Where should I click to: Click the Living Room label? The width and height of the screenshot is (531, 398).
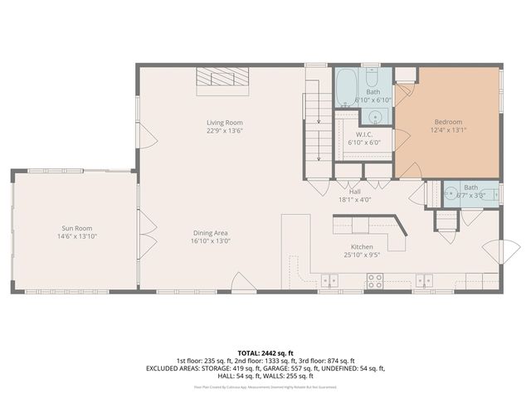click(x=224, y=123)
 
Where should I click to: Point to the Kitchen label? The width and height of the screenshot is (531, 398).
click(x=361, y=247)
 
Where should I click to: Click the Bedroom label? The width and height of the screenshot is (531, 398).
click(x=448, y=122)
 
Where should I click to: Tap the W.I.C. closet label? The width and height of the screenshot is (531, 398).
click(x=363, y=134)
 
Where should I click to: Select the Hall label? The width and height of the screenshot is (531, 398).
click(x=354, y=192)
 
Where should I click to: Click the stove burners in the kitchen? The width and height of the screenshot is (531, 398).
click(x=374, y=282)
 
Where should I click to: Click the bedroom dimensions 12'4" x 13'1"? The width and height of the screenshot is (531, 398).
click(x=448, y=130)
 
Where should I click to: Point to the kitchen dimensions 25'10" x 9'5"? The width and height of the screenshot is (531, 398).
click(x=361, y=256)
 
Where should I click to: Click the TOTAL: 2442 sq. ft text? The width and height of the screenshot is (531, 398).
click(x=265, y=352)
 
